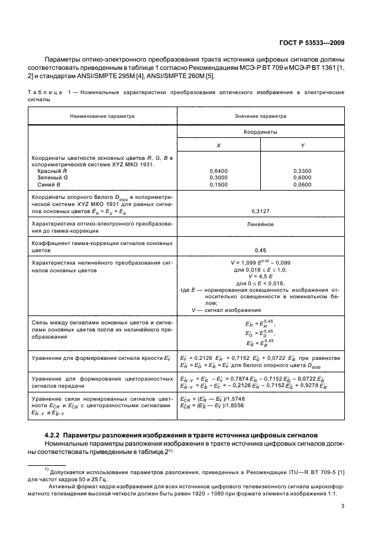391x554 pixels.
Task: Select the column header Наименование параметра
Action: coord(102,117)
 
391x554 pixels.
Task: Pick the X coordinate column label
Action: coord(219,146)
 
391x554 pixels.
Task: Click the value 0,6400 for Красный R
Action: coord(219,170)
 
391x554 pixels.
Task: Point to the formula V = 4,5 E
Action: coord(260,276)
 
